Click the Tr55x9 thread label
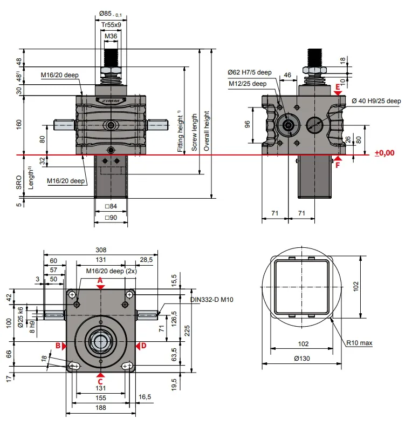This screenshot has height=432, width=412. click(x=111, y=25)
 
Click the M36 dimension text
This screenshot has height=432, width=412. click(x=111, y=36)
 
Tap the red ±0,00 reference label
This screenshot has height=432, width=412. click(x=384, y=153)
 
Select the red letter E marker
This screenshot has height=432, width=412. click(x=338, y=87)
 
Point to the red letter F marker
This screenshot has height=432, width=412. click(x=338, y=165)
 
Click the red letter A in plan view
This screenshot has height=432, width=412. click(x=100, y=280)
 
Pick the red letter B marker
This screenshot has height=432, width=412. click(x=58, y=346)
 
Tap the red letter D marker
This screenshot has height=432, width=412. click(x=143, y=346)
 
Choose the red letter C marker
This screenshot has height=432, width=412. click(x=100, y=382)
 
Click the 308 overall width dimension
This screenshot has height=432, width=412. click(x=101, y=250)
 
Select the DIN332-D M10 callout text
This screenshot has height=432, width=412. click(x=212, y=300)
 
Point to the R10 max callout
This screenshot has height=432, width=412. click(x=359, y=343)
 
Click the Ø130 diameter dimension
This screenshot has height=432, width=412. click(x=302, y=359)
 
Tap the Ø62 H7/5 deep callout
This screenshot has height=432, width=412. click(x=250, y=72)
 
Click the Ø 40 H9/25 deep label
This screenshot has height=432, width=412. click(x=376, y=101)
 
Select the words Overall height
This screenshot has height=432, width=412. click(x=207, y=131)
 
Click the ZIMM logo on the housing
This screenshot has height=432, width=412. click(x=111, y=101)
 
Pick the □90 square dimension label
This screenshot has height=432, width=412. click(x=111, y=218)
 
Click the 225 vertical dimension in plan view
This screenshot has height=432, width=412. click(x=187, y=331)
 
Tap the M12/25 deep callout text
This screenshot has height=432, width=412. click(x=248, y=84)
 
